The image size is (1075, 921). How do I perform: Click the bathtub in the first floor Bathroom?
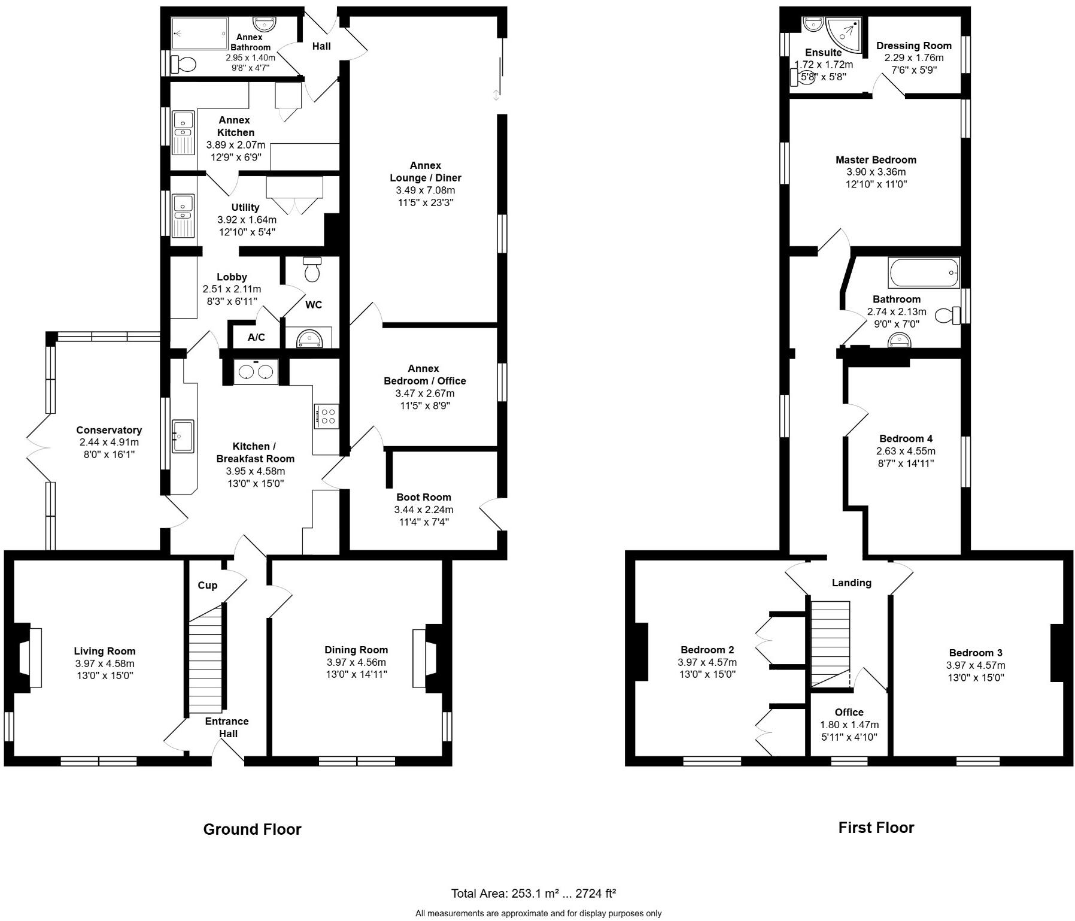924,273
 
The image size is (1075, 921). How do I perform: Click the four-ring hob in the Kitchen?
326,416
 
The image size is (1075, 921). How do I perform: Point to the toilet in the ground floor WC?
312,270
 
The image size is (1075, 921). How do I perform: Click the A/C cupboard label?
256,338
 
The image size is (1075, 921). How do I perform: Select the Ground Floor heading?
252,829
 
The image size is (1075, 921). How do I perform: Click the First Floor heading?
876,828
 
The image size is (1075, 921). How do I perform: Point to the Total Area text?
533,894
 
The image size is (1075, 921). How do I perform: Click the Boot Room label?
423,497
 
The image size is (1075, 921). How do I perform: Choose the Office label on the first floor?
849,712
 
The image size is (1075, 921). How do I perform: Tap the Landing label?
851,583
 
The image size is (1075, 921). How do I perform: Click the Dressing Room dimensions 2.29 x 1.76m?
913,58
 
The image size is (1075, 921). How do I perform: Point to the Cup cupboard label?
207,585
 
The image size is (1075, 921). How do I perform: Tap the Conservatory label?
109,430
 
